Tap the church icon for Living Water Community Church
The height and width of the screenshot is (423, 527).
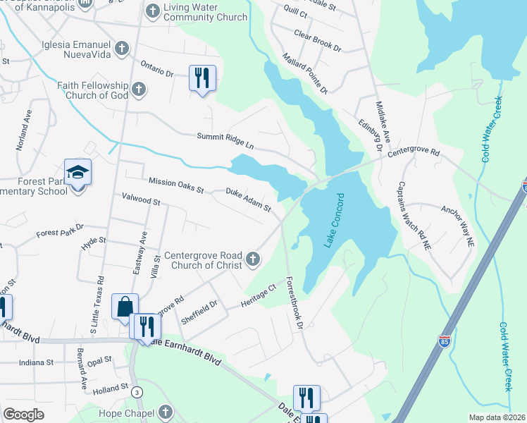(151, 11)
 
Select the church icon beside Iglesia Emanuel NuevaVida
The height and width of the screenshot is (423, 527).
(123, 48)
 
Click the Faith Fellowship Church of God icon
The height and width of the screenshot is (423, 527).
(139, 89)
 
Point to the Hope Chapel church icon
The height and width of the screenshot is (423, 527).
(165, 411)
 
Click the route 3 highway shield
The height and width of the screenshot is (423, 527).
(137, 391)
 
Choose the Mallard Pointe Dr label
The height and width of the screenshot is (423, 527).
(305, 73)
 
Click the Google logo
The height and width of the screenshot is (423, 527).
(24, 415)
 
